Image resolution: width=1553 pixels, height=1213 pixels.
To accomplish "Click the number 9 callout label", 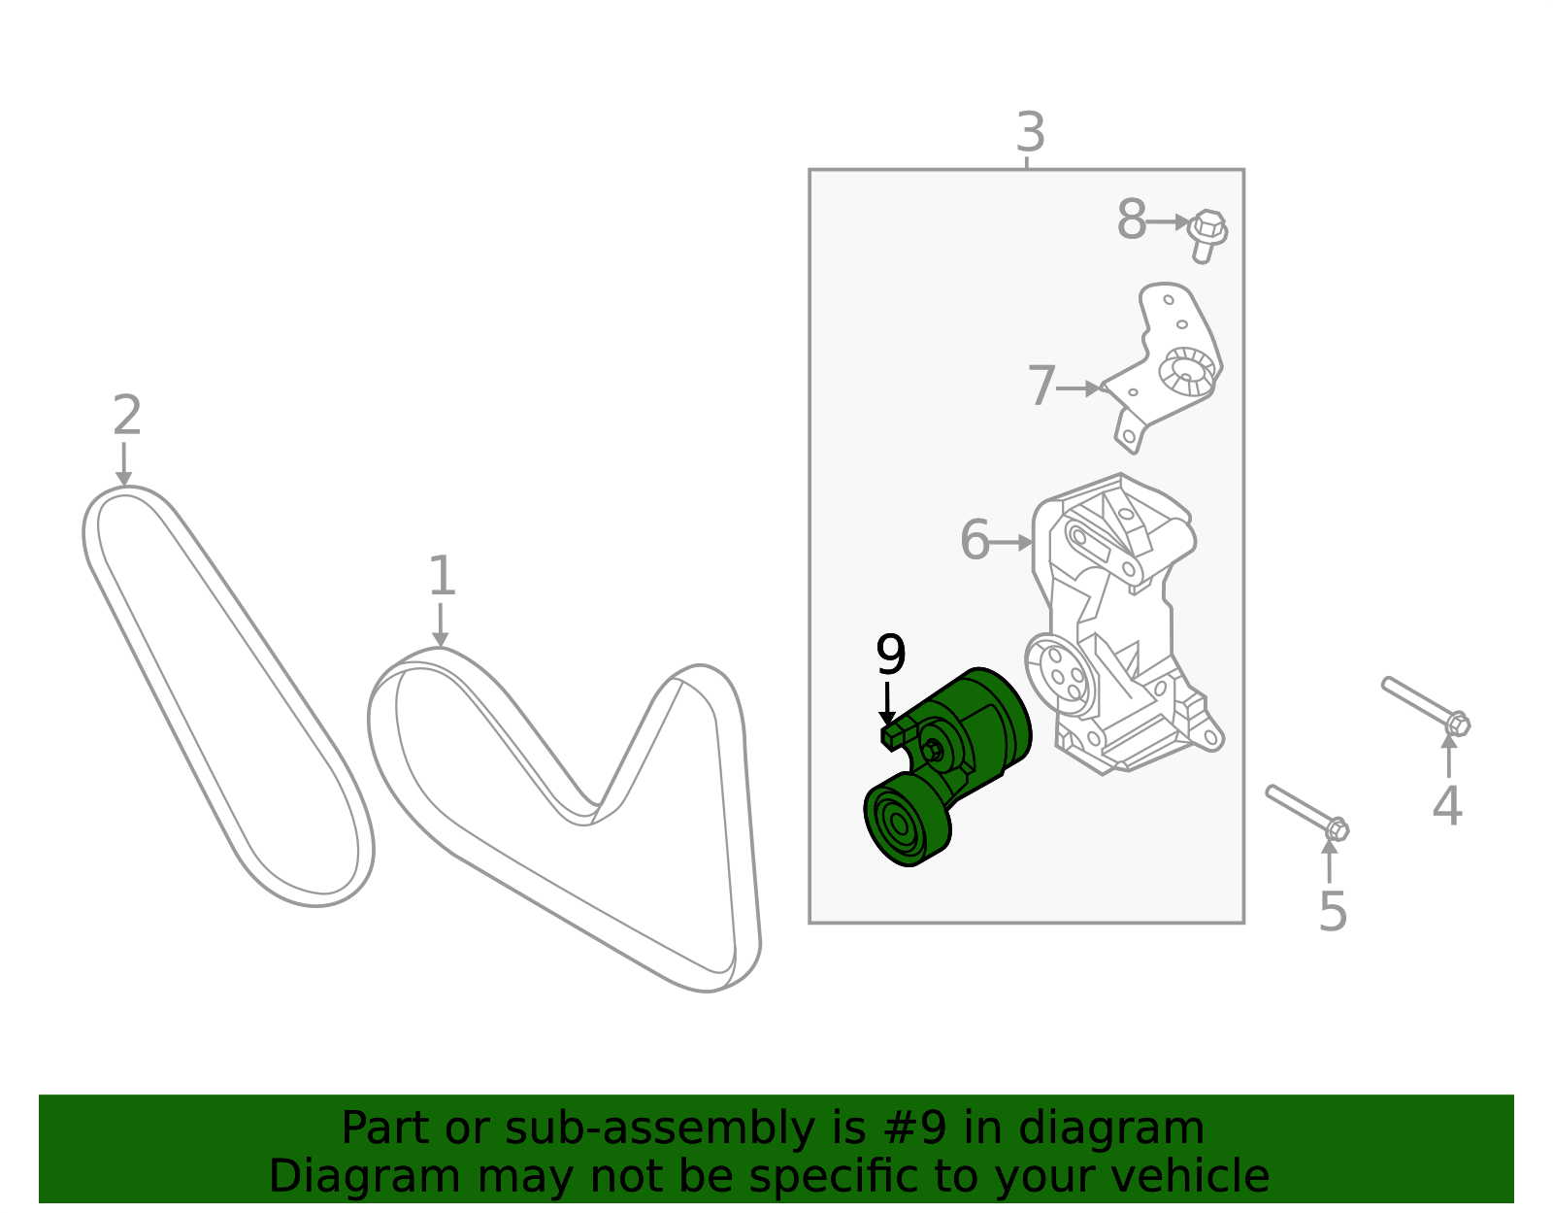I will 890,656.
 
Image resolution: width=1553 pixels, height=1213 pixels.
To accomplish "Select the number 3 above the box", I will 1030,133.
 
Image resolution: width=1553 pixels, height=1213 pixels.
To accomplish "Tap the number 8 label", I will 1131,220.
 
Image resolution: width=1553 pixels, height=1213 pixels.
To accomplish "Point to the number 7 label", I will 1041,387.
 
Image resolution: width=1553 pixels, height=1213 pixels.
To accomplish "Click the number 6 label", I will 975,540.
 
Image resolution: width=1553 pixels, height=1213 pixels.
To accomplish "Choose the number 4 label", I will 1446,806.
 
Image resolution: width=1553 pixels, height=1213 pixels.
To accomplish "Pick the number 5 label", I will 1333,912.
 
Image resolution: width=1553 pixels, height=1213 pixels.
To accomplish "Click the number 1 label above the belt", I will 442,577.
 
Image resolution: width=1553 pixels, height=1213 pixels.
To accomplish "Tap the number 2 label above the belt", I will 127,417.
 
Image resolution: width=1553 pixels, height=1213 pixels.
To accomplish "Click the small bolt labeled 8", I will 1206,234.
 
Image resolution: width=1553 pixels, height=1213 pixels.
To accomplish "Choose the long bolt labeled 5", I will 1305,811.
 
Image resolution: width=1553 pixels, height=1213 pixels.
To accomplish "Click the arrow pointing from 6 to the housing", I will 1011,542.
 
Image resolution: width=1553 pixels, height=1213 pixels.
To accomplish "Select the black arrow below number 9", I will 887,704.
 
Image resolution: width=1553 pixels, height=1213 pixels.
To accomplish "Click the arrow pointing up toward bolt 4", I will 1448,756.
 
